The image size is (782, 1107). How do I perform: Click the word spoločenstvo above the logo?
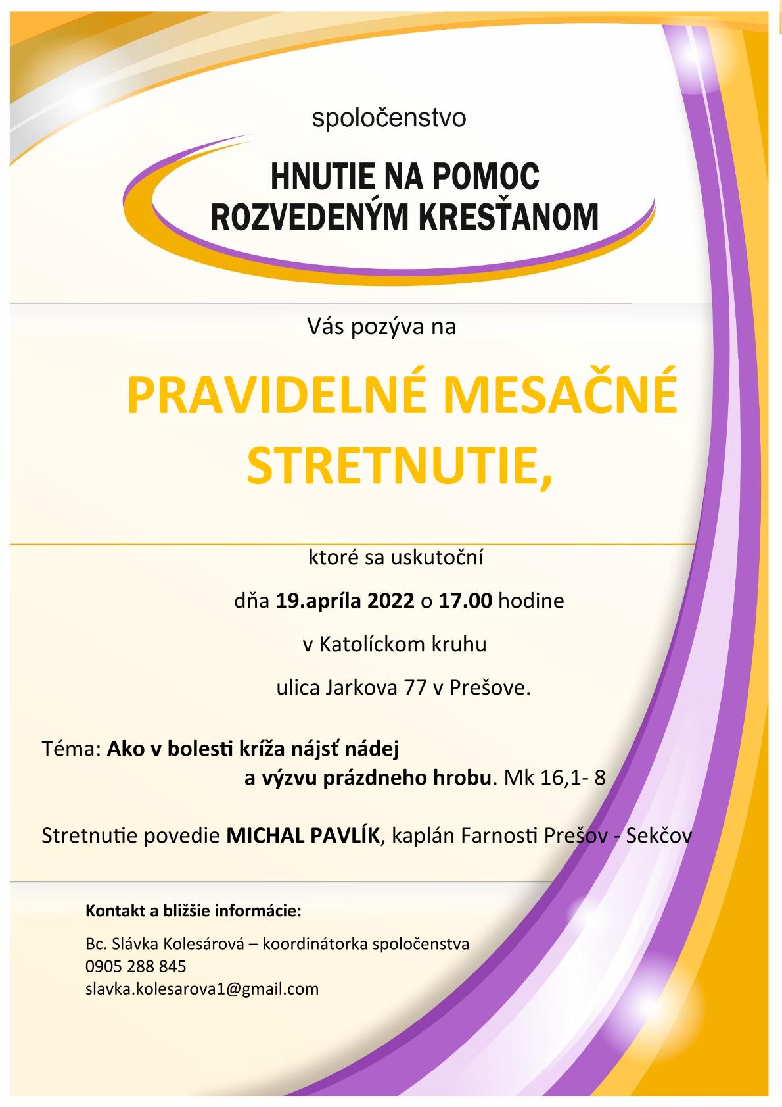click(389, 119)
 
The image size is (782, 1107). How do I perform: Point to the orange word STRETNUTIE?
click(400, 466)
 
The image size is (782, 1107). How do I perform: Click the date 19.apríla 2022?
click(345, 601)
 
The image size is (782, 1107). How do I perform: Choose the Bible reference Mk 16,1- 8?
click(554, 778)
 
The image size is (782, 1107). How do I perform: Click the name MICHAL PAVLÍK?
click(303, 836)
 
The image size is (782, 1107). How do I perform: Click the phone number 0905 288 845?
click(136, 966)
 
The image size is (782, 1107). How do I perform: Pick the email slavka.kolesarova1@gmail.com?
click(202, 988)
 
